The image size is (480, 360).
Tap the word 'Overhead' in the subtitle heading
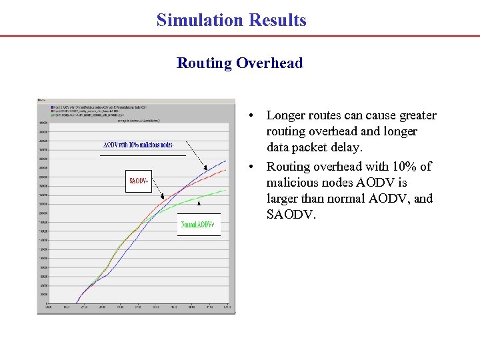click(x=272, y=63)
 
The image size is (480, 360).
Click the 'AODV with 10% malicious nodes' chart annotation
click(x=138, y=145)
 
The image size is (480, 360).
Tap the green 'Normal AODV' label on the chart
click(x=198, y=225)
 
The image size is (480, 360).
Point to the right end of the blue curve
click(x=226, y=160)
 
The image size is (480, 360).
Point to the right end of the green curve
click(x=226, y=190)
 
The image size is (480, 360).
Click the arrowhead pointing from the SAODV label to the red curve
click(x=162, y=197)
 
